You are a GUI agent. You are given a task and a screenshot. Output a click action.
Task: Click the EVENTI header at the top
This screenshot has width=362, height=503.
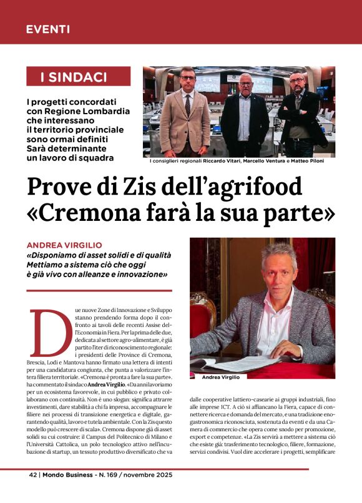tap(48, 29)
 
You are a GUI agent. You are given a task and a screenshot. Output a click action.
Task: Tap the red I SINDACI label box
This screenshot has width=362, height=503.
tap(79, 77)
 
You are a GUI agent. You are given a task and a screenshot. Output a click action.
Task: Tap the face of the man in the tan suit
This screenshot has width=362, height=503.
tap(188, 81)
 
